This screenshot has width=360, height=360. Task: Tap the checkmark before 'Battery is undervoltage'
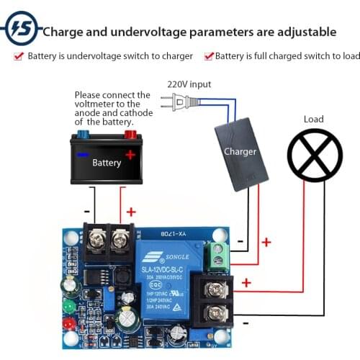[18, 55]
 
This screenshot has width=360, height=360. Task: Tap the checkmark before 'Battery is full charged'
[209, 55]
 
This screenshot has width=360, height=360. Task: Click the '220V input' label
[189, 84]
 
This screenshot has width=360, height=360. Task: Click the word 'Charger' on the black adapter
[240, 152]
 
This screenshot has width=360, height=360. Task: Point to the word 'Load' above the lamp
[314, 119]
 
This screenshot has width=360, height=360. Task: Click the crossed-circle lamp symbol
[315, 154]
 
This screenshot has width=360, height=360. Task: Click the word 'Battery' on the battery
[107, 163]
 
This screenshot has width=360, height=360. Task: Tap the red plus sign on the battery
[130, 155]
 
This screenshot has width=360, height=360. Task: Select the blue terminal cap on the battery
[84, 134]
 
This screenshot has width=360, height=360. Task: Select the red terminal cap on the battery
[130, 134]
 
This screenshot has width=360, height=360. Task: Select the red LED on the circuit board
[69, 323]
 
